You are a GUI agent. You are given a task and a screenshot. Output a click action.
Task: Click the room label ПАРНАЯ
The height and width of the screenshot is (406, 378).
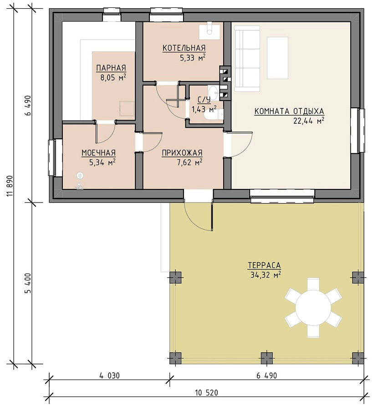(x=111, y=68)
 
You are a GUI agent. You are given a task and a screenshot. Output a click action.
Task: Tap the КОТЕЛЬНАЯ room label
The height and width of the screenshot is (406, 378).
(x=184, y=48)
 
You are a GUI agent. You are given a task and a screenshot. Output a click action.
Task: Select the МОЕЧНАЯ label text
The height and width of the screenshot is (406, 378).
(x=99, y=153)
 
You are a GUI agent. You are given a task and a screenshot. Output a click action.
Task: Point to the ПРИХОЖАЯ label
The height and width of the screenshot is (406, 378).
(x=182, y=153)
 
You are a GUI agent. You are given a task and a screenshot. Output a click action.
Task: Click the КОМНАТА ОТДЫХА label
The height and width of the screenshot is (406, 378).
(x=289, y=112)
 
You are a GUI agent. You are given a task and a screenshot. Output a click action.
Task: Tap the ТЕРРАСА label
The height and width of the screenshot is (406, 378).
(x=264, y=265)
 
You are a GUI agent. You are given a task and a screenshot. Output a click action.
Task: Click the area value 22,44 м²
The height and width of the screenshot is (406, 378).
(x=309, y=121)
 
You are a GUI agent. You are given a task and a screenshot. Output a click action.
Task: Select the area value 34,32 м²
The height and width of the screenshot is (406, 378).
(x=266, y=275)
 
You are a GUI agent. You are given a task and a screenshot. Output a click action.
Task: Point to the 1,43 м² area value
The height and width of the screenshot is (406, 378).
(x=204, y=109)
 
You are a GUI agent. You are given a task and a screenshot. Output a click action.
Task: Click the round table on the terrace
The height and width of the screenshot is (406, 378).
(x=313, y=308)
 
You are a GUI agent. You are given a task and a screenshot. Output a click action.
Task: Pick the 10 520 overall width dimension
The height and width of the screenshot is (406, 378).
(x=206, y=393)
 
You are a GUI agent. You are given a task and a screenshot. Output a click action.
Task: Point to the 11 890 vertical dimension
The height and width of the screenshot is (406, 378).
(x=10, y=186)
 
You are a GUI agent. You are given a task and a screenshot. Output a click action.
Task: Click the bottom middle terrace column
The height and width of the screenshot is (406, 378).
(x=267, y=358)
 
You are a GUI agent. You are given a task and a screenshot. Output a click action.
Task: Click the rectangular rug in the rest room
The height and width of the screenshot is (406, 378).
(x=277, y=58)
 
